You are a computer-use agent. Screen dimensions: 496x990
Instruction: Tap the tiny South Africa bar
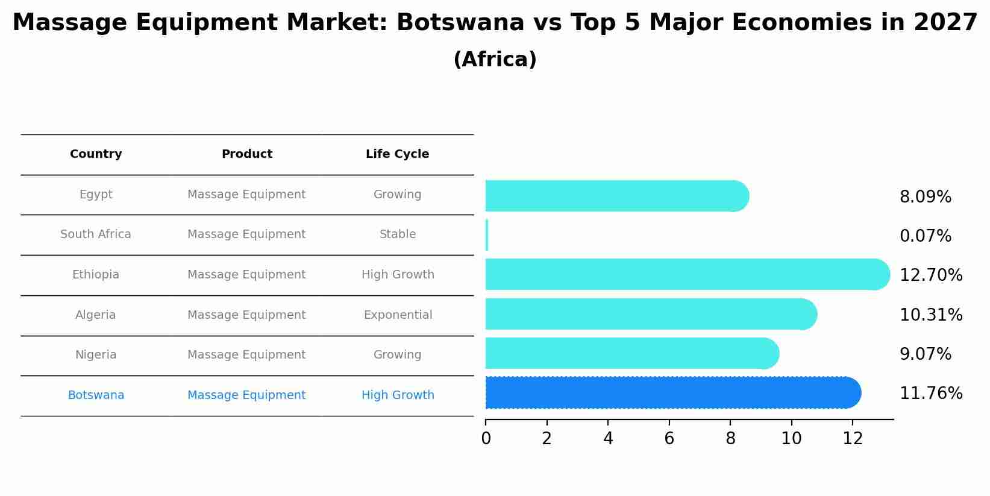[x=487, y=235]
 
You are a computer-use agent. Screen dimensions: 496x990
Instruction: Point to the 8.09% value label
[x=925, y=197]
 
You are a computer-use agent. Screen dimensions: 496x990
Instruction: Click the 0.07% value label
[x=925, y=236]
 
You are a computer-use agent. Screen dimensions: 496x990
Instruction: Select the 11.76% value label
[x=931, y=394]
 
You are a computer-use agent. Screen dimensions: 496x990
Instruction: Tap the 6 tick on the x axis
[x=669, y=439]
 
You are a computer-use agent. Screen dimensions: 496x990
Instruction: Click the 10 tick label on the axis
[x=791, y=439]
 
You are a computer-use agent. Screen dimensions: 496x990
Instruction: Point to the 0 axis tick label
[x=486, y=439]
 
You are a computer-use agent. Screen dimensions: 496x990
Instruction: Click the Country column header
[x=96, y=154]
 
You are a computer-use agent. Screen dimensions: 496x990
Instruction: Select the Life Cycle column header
[x=397, y=154]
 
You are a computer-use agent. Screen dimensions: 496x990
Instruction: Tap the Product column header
[x=246, y=154]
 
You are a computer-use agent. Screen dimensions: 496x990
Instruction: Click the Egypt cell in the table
[x=96, y=195]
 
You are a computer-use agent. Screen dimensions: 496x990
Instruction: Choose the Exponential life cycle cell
[x=398, y=315]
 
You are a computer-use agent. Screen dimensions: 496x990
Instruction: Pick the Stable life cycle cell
[x=397, y=234]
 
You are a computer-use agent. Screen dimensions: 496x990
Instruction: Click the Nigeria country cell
[x=96, y=355]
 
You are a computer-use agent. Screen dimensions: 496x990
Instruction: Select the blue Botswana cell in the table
[x=96, y=395]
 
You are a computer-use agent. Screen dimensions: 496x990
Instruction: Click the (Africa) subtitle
[x=495, y=60]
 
